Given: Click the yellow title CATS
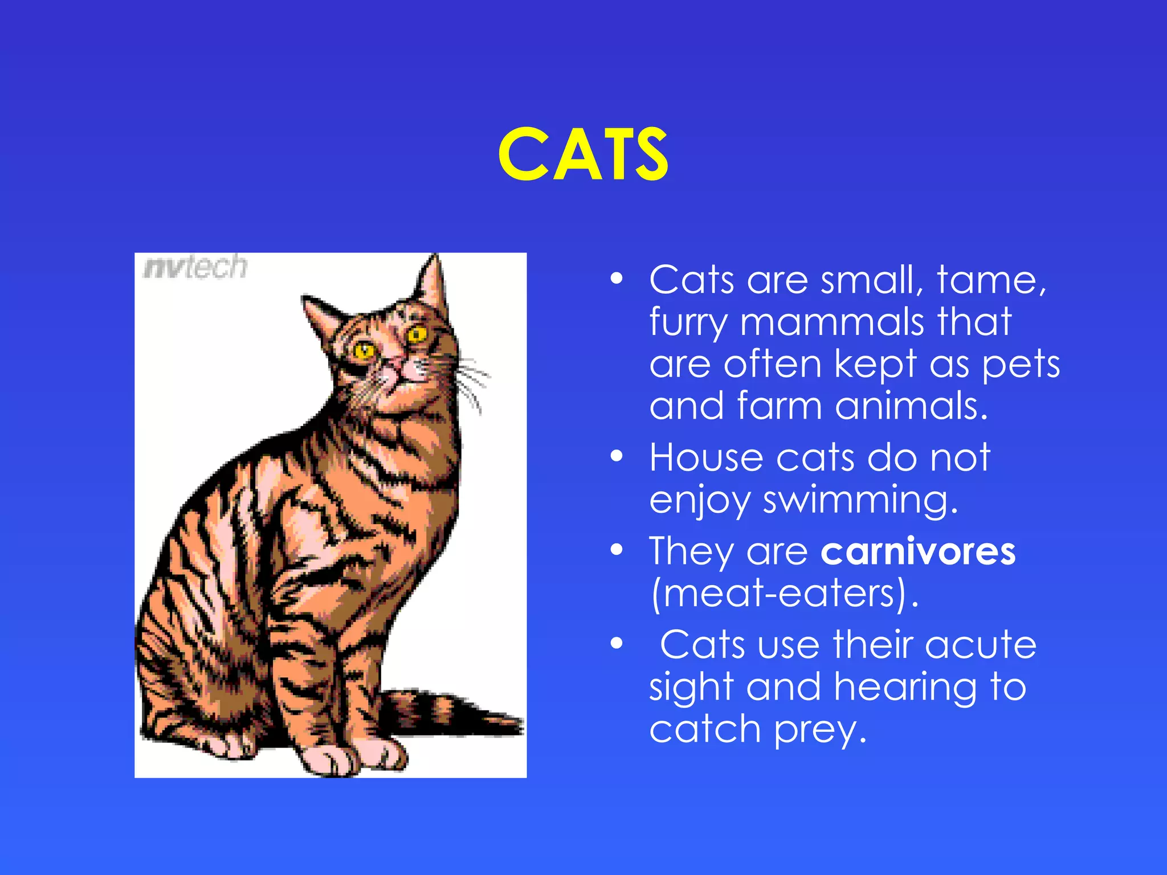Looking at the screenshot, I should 583,154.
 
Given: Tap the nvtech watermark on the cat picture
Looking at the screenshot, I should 195,267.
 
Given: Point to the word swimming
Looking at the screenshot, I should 860,500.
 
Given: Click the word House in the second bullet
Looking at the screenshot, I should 705,457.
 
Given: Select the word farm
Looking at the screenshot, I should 779,406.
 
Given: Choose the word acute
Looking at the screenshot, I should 980,645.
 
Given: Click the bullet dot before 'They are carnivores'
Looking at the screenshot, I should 617,550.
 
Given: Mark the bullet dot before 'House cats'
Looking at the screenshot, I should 617,456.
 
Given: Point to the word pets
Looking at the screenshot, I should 1021,365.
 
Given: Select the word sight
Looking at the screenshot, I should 691,688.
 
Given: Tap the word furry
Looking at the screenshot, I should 688,323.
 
